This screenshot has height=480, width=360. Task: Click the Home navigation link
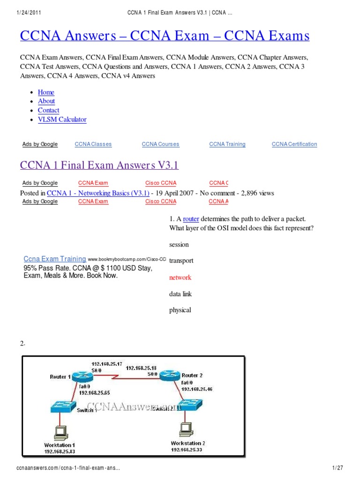tap(46, 92)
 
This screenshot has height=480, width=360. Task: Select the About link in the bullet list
tap(46, 101)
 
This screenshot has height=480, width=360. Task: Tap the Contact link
tap(48, 110)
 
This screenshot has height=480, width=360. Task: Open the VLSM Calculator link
tap(62, 120)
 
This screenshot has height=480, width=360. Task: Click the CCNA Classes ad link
tap(93, 144)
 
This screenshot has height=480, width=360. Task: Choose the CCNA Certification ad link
tap(294, 144)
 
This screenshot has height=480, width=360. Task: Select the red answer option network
tap(180, 277)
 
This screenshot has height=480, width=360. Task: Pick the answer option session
tap(179, 245)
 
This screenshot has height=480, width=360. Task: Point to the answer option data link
tap(180, 294)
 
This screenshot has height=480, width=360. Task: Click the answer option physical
tap(180, 310)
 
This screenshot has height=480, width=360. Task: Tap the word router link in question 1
tap(191, 219)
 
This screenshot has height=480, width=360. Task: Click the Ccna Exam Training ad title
tap(55, 259)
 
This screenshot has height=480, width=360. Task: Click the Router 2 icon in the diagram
tap(169, 375)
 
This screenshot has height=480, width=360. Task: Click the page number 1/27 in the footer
tap(337, 469)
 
